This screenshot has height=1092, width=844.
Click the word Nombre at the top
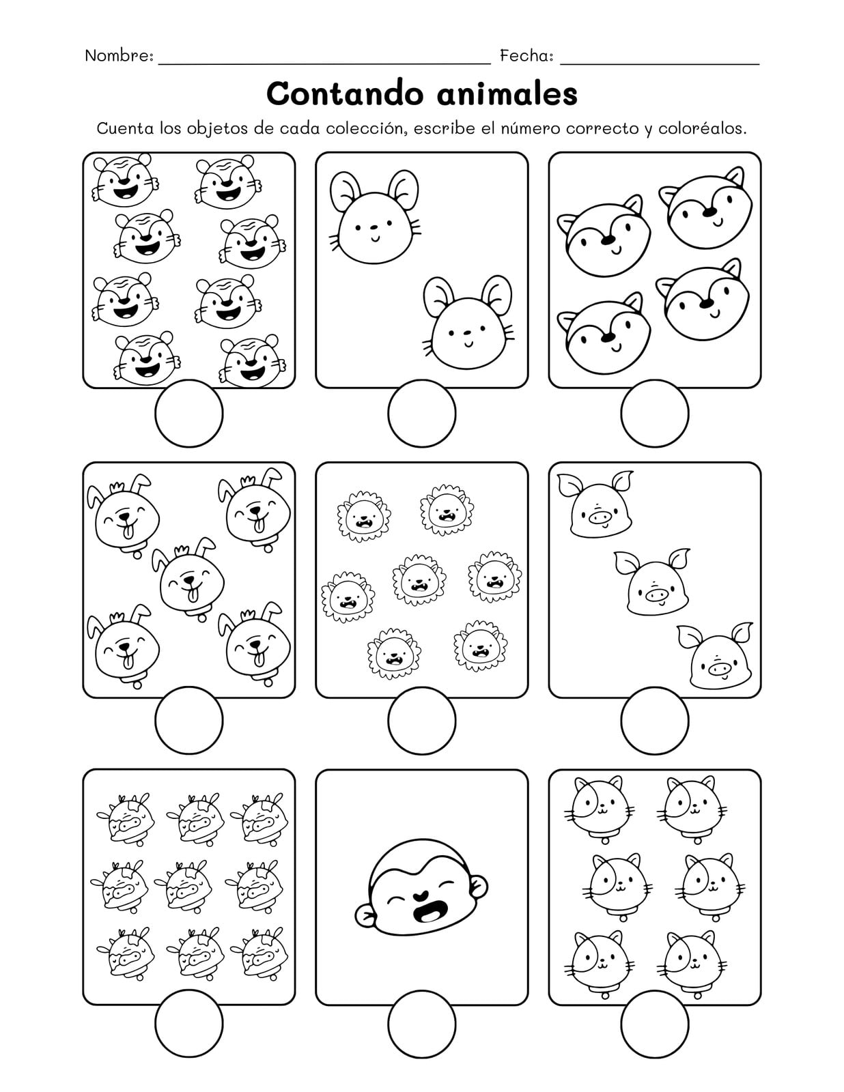pos(118,56)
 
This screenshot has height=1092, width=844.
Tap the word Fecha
pos(526,56)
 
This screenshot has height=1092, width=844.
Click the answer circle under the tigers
pos(189,413)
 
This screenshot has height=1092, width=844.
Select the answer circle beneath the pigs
pos(654,721)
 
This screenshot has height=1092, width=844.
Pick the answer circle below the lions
pos(422,721)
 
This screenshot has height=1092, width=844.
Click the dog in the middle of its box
pos(188,579)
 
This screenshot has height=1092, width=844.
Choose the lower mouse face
pos(468,321)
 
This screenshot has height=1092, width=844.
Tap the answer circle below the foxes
pos(654,413)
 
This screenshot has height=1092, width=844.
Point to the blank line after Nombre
pos(325,64)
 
